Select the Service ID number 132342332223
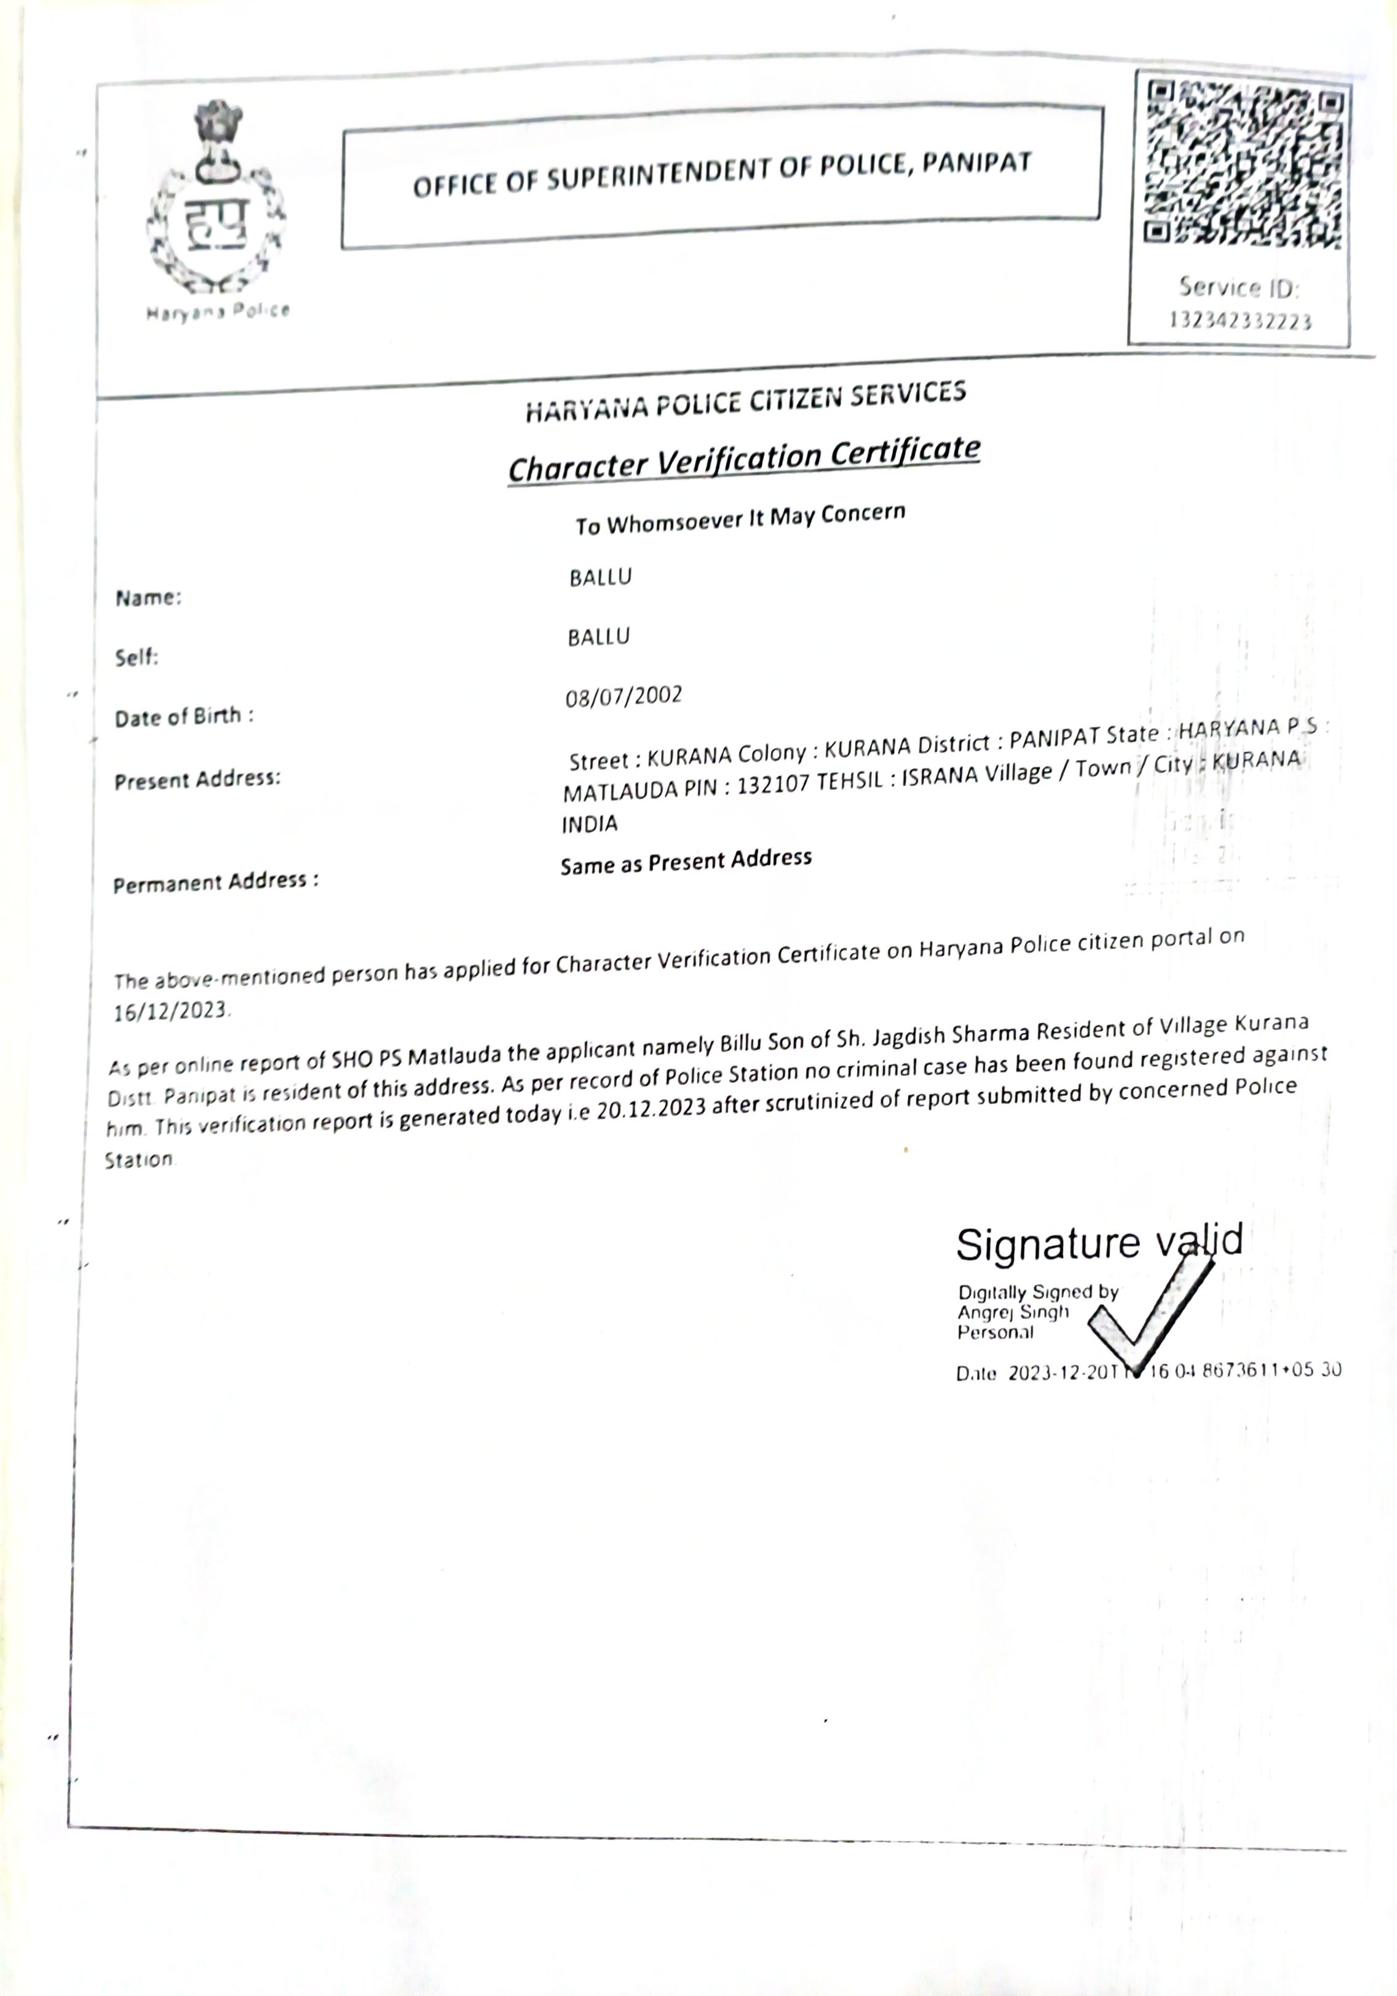click(x=1240, y=321)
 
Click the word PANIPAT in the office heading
click(x=976, y=164)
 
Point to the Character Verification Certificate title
click(x=743, y=458)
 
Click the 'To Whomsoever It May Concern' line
click(x=740, y=520)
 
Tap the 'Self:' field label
click(x=137, y=657)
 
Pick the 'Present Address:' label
click(x=197, y=779)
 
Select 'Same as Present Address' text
click(x=686, y=861)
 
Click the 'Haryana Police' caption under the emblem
click(x=217, y=311)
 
